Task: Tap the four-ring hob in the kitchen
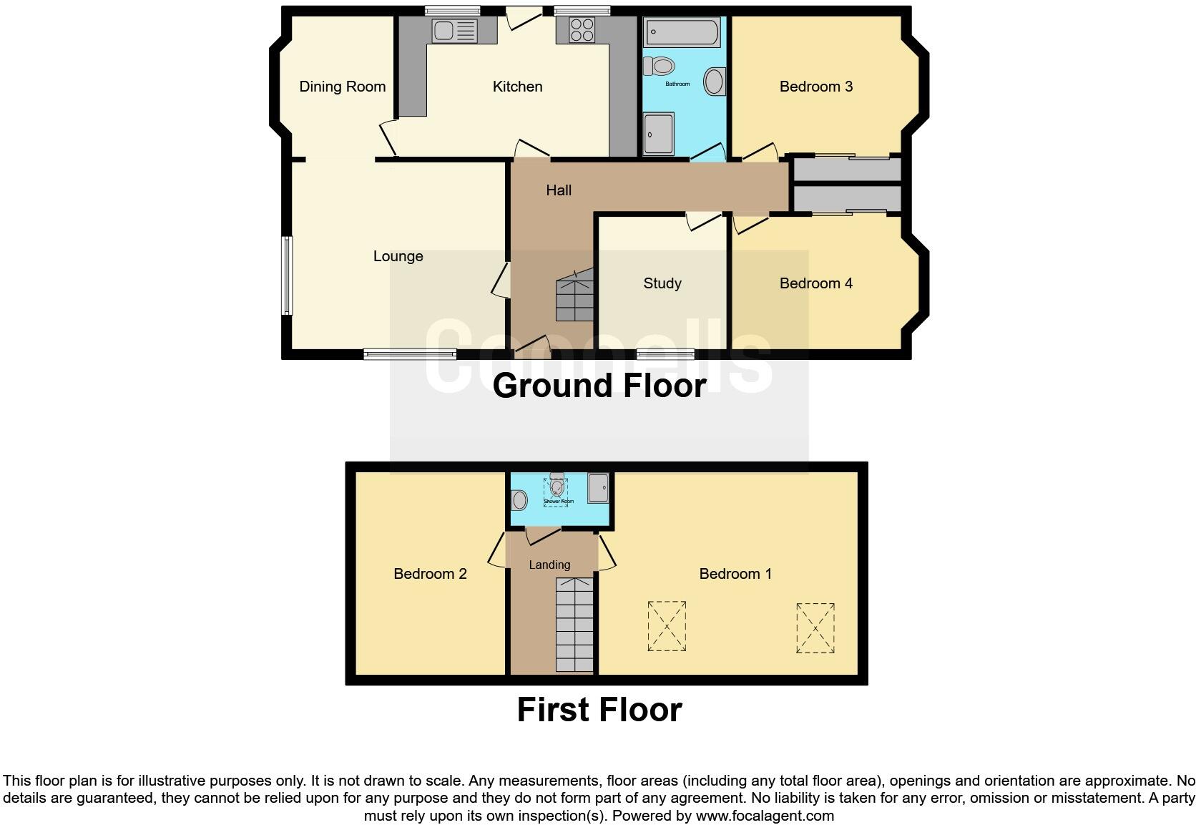click(x=581, y=30)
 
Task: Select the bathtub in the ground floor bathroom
click(x=682, y=33)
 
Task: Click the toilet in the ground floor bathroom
click(x=660, y=67)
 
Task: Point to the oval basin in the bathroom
click(x=715, y=82)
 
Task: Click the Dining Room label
click(x=342, y=87)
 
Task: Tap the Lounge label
click(x=398, y=256)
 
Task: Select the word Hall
click(x=559, y=190)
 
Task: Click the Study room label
click(x=662, y=283)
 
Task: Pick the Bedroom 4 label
click(x=815, y=283)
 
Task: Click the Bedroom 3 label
click(x=815, y=87)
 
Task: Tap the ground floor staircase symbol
click(x=575, y=295)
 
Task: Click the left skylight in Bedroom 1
click(x=667, y=626)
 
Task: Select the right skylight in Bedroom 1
click(x=815, y=628)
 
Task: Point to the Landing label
click(x=549, y=565)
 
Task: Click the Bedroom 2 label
click(x=430, y=574)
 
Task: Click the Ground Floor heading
click(x=599, y=385)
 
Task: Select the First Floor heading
click(x=599, y=710)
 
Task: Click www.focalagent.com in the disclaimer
click(x=764, y=815)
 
